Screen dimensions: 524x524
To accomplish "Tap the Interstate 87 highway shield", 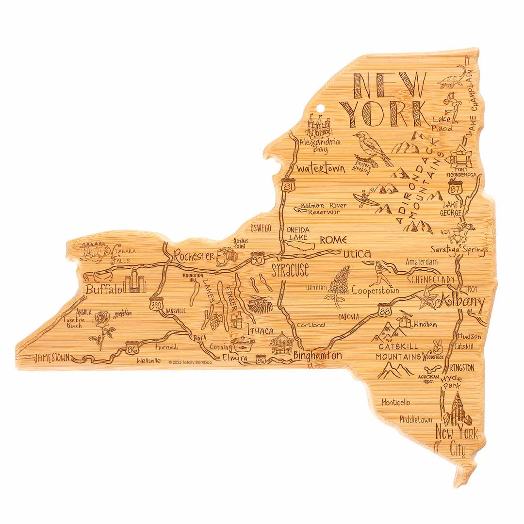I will point(455,185).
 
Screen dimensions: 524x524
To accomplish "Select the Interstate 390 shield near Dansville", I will point(155,303).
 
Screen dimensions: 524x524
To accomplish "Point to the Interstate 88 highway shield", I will point(383,309).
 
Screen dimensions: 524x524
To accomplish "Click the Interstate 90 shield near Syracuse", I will point(258,259).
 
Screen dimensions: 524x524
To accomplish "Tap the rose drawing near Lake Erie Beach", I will point(103,327).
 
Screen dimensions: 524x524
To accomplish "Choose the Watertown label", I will point(321,169).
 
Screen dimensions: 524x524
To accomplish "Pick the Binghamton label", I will point(317,356).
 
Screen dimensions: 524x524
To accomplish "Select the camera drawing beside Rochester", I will point(226,256).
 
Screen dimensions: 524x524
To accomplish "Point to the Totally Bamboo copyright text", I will point(190,362).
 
